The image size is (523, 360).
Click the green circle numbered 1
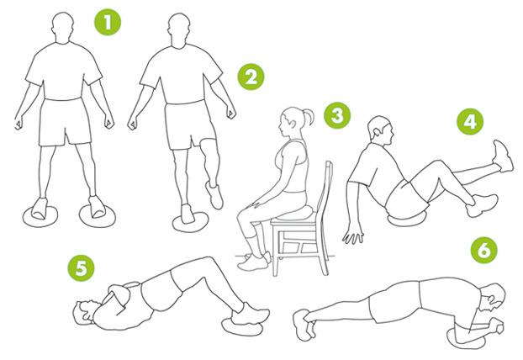click(108, 23)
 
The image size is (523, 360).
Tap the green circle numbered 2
click(251, 77)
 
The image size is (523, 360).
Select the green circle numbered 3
click(337, 116)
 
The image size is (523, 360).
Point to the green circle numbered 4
click(470, 122)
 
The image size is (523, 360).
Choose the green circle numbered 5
click(81, 268)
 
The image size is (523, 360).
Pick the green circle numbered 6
click(484, 250)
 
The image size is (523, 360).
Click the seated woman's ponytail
click(308, 117)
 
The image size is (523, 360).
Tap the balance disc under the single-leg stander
click(191, 222)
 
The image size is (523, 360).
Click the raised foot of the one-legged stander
click(214, 195)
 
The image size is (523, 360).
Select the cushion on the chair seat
click(294, 213)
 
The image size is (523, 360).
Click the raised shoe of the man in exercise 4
click(503, 156)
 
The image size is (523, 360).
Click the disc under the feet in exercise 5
click(241, 326)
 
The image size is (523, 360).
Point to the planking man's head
click(493, 297)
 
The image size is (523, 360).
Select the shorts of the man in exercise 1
click(66, 122)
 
